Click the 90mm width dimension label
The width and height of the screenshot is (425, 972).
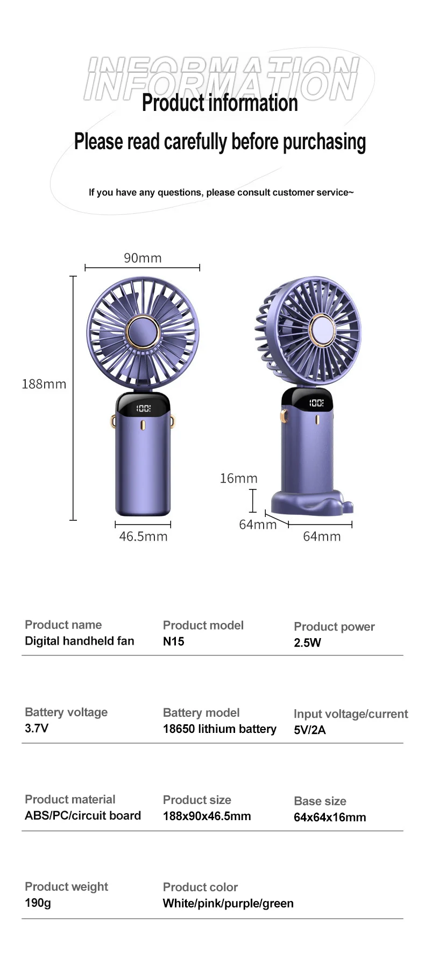(x=143, y=258)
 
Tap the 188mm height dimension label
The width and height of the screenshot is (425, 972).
(x=44, y=384)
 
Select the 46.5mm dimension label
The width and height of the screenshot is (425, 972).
(x=143, y=536)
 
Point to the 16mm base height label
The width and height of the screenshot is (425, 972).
(x=238, y=478)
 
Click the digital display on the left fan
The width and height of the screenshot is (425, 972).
(x=143, y=408)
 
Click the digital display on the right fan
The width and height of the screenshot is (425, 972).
(x=316, y=403)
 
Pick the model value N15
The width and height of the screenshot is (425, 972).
(x=173, y=641)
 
